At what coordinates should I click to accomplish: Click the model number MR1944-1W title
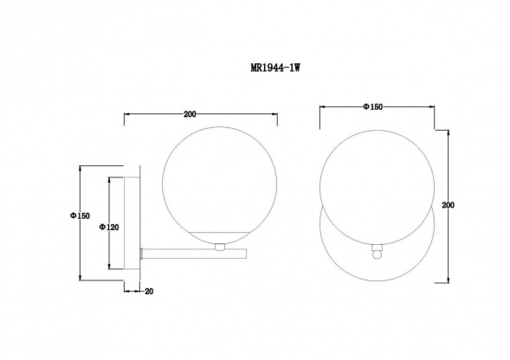pos(275,67)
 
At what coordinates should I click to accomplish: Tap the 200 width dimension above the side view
pos(190,114)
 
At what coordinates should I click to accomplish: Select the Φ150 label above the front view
pos(372,106)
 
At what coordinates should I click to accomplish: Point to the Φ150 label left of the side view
pos(80,215)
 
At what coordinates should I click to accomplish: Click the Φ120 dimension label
pos(109,228)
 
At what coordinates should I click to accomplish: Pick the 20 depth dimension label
pos(149,292)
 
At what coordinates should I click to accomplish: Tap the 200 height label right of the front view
pos(449,205)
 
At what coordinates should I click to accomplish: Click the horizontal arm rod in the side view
pos(194,254)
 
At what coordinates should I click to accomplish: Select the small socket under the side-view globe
pos(220,247)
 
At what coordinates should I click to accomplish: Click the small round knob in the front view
pos(377,254)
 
